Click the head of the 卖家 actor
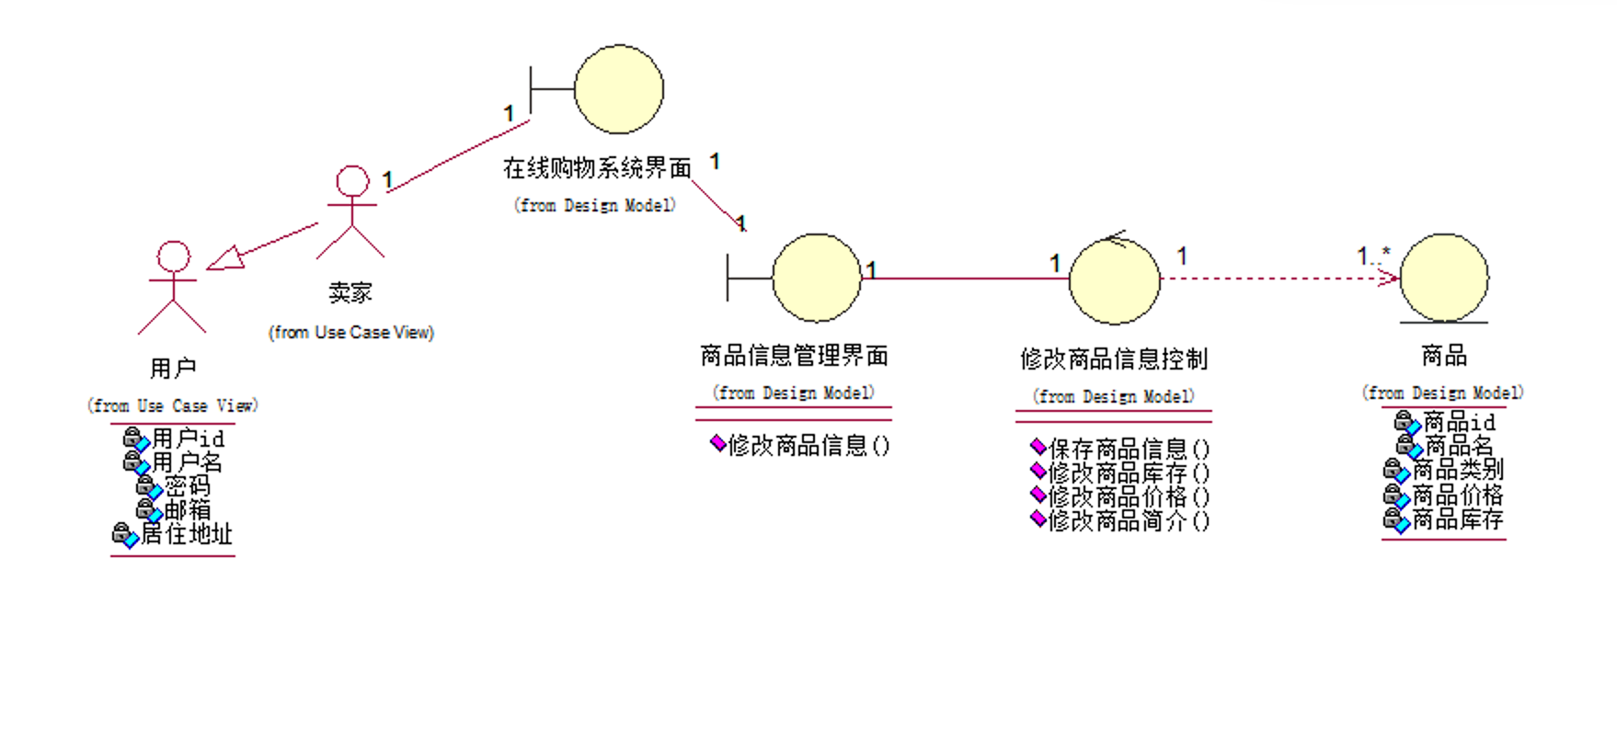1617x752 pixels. (x=352, y=181)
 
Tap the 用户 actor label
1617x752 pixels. (x=173, y=369)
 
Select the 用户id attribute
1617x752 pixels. (x=187, y=439)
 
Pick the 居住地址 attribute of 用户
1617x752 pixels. (x=186, y=534)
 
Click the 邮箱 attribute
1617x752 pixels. (x=187, y=509)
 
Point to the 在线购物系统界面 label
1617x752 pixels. (x=596, y=168)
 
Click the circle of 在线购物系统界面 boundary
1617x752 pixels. (x=619, y=89)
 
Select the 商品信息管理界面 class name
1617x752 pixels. (x=794, y=356)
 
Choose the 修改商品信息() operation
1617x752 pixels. (x=808, y=446)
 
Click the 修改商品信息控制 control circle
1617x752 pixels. (x=1115, y=280)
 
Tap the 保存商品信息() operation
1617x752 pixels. (x=1129, y=449)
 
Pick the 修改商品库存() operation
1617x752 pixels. (x=1129, y=473)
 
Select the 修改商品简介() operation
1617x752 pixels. (x=1129, y=521)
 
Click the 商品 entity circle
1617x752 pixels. (x=1444, y=278)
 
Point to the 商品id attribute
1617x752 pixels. (x=1459, y=422)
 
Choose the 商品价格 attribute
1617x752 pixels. (x=1457, y=496)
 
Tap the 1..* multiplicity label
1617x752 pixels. (x=1373, y=256)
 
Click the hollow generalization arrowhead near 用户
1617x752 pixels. (x=226, y=258)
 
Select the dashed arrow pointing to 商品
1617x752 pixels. (x=1279, y=278)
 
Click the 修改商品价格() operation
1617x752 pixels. (x=1129, y=497)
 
